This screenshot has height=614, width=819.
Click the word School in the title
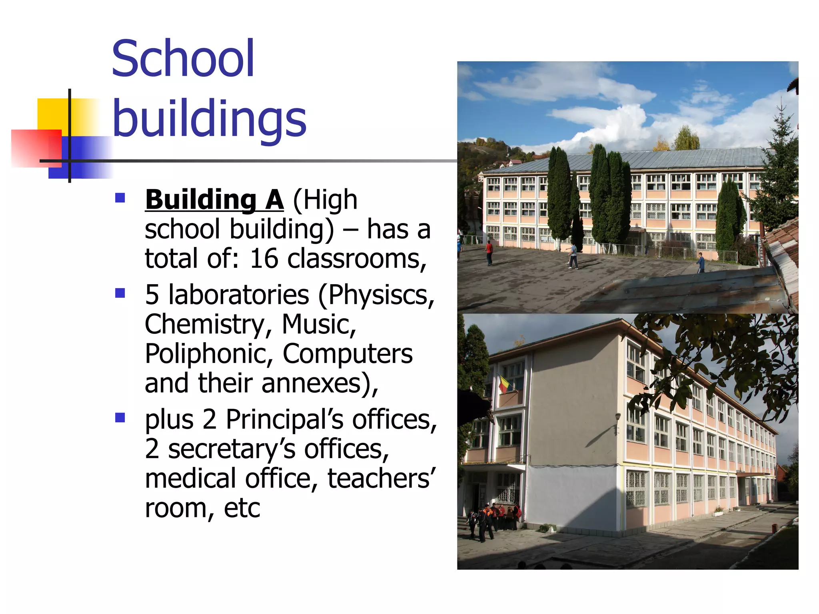tap(183, 59)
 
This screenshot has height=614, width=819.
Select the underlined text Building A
tap(214, 199)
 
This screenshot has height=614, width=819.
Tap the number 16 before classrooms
tap(264, 258)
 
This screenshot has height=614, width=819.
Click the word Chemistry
tap(204, 324)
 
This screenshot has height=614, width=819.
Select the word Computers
tap(348, 354)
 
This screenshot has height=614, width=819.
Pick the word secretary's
tap(232, 449)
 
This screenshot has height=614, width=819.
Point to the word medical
tap(190, 478)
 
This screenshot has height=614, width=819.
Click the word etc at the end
tap(242, 508)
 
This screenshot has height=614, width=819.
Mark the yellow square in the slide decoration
tap(52, 114)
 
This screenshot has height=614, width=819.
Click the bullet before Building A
tap(120, 198)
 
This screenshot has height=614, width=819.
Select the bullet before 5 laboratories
tap(120, 293)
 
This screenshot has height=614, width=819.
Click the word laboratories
tap(239, 295)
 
